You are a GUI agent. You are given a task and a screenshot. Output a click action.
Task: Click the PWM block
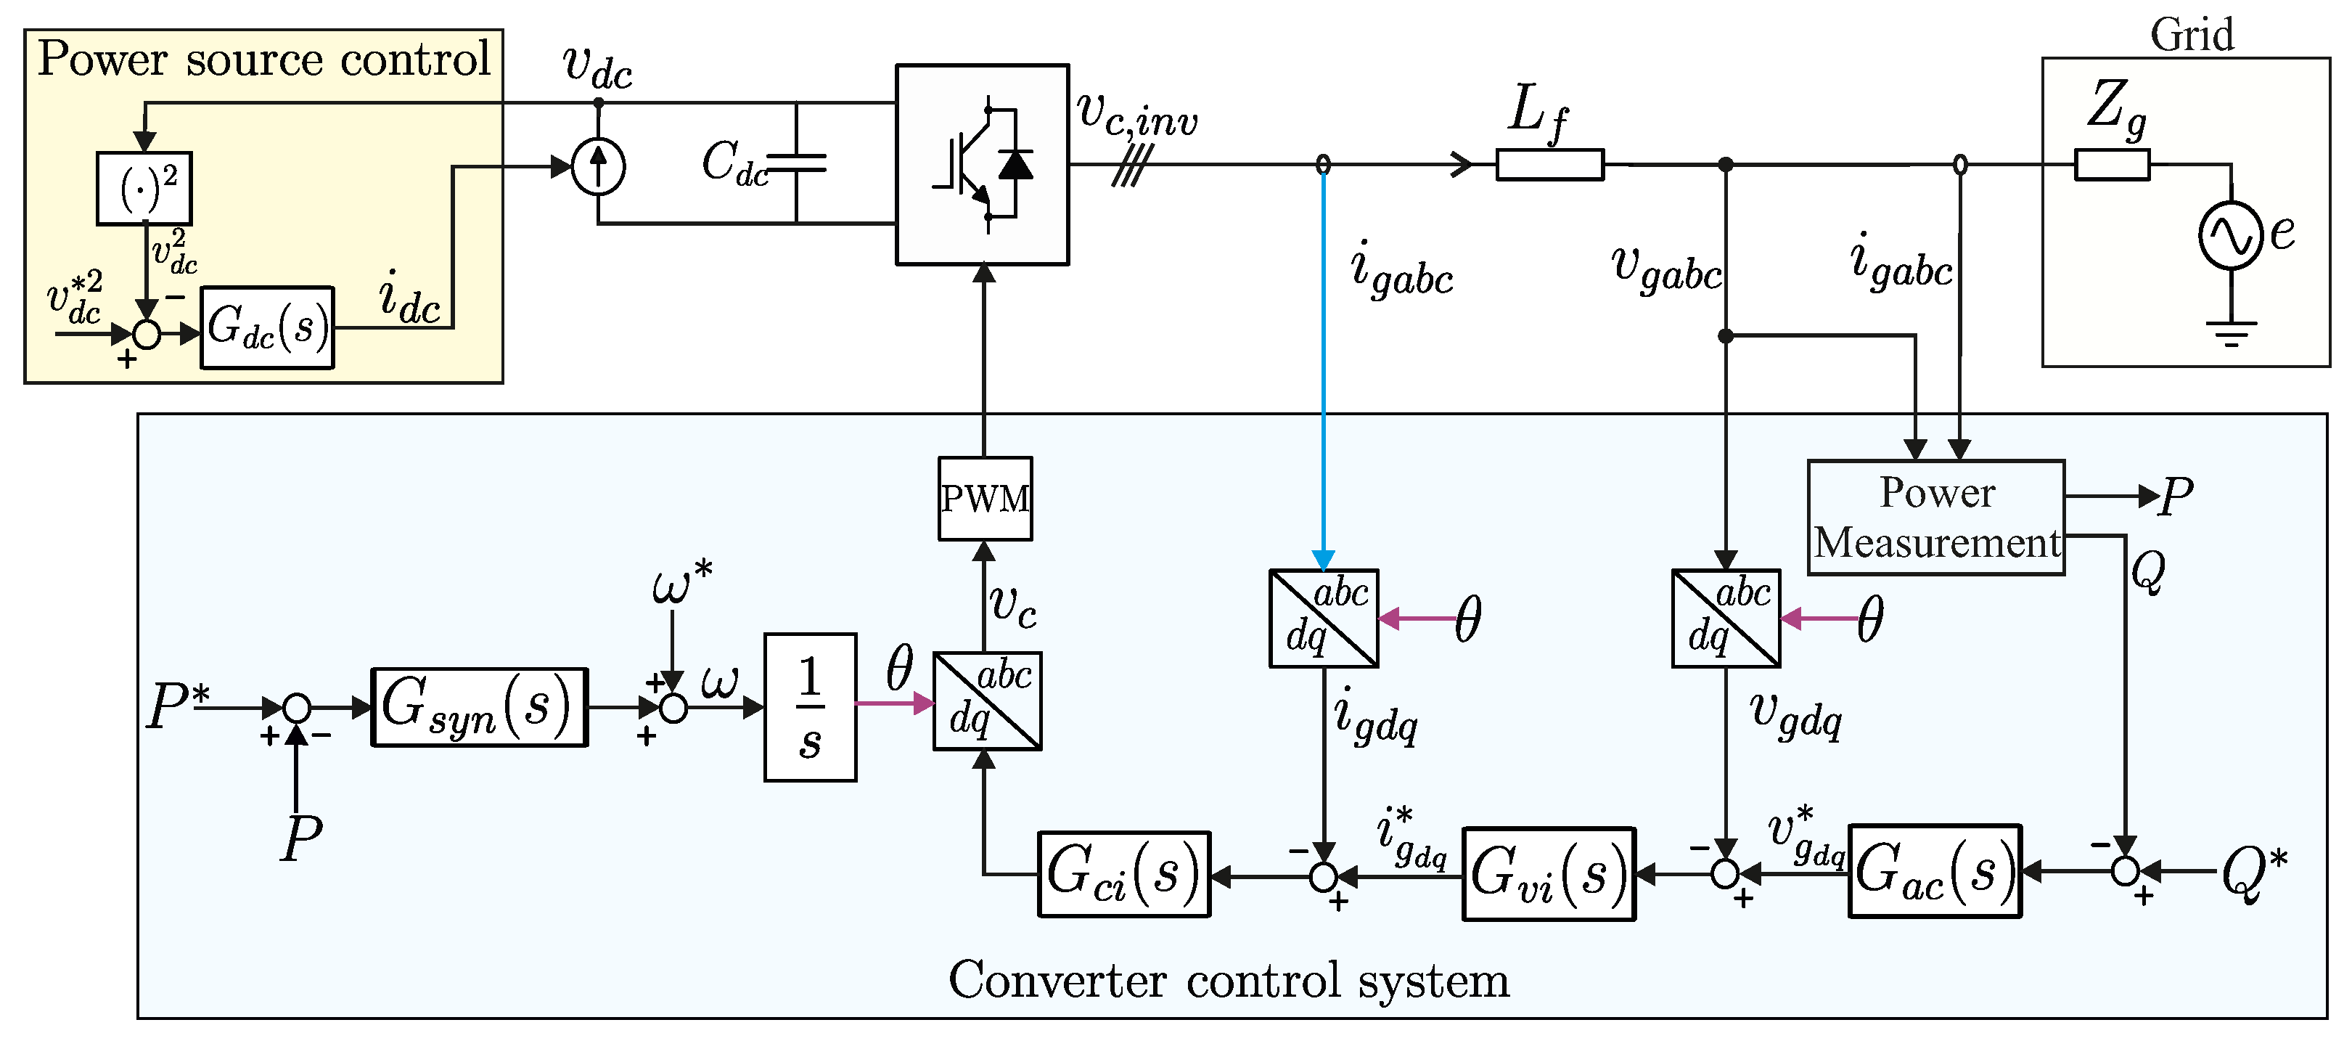(986, 499)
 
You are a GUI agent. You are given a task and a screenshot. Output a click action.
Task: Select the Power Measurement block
(1937, 518)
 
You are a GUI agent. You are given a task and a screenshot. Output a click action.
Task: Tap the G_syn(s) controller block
(480, 708)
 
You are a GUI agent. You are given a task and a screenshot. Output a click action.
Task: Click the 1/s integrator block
(810, 708)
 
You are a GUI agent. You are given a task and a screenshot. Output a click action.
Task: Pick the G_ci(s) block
(1124, 874)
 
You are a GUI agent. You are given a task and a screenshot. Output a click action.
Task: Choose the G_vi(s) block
(1549, 874)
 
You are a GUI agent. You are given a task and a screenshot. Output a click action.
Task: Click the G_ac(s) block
(1935, 871)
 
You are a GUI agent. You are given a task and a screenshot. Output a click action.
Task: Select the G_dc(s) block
(268, 327)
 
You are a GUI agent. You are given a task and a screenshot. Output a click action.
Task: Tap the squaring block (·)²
(144, 188)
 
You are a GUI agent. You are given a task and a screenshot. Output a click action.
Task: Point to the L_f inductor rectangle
(1549, 164)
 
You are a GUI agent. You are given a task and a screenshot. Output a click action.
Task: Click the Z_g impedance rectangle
(2112, 164)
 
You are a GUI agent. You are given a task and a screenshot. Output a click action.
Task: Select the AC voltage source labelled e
(2231, 234)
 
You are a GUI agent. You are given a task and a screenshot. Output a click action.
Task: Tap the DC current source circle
(598, 167)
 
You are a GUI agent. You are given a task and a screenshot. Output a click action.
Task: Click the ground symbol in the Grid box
(2232, 333)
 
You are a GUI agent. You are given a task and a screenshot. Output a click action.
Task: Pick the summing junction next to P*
(296, 708)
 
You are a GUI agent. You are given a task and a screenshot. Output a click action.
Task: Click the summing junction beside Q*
(2126, 871)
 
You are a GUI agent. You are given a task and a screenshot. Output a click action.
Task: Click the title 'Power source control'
(264, 60)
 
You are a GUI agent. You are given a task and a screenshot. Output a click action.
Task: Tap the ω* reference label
(682, 581)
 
